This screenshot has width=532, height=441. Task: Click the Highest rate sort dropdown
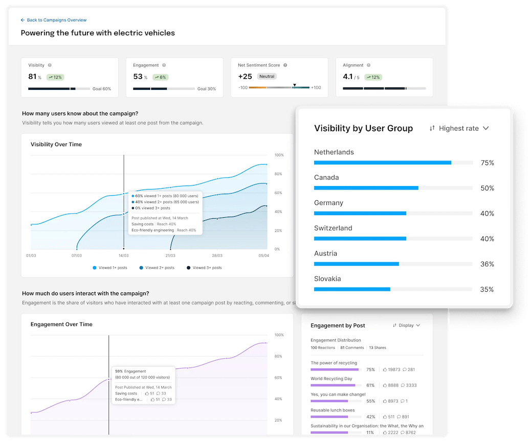tap(459, 128)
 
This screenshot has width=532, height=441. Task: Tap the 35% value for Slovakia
tap(486, 289)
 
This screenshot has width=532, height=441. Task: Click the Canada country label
tap(326, 177)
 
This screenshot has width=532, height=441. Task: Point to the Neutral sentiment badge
tap(267, 77)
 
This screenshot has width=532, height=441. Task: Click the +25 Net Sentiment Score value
tap(245, 77)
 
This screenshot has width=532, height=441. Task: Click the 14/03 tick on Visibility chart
tap(123, 255)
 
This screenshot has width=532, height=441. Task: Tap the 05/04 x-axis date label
tap(263, 255)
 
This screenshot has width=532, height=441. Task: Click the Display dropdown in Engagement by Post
tap(406, 326)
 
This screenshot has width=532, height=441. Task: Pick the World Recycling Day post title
tap(331, 379)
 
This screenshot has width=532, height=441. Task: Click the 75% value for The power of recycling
tap(370, 369)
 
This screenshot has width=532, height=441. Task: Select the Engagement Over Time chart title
tap(61, 324)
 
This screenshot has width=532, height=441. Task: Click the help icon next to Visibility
tap(50, 65)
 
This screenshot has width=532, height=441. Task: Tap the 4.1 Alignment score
tap(348, 77)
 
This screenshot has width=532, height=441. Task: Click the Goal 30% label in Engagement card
tap(206, 89)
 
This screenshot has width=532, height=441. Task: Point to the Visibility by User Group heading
tap(363, 128)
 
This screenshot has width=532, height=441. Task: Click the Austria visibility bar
tap(356, 264)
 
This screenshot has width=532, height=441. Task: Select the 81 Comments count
tap(352, 347)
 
